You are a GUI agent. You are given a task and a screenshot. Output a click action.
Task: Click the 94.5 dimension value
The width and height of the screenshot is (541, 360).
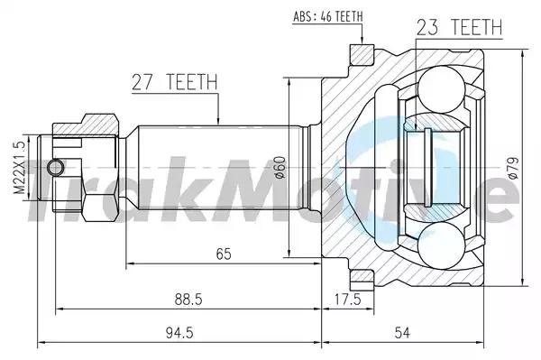tap(179, 333)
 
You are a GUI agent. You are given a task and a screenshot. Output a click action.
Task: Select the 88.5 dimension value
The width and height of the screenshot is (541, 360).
tap(188, 300)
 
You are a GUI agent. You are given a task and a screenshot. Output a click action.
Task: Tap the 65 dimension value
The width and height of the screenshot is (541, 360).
tap(224, 254)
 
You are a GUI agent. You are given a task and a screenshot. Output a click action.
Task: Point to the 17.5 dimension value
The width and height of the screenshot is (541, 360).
tap(347, 299)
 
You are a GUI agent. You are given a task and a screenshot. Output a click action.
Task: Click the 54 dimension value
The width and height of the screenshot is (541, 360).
tap(402, 333)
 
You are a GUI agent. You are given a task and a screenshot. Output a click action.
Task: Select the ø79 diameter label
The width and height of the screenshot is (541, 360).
tap(513, 168)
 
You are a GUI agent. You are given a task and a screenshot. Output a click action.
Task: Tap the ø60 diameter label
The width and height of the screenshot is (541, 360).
tap(280, 168)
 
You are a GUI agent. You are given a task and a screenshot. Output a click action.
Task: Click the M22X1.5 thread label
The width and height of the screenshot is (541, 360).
tap(20, 168)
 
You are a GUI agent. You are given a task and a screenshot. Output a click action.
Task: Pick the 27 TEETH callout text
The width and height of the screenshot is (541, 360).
tap(175, 82)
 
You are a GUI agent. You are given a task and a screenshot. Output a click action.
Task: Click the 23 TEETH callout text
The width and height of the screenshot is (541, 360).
tap(459, 27)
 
